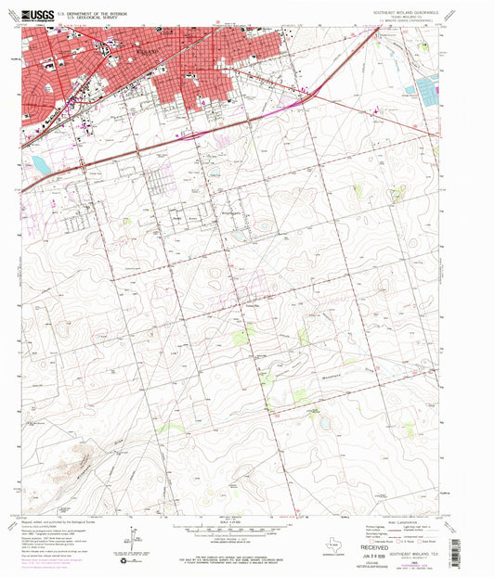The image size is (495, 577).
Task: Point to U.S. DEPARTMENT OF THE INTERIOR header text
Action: click(x=94, y=13)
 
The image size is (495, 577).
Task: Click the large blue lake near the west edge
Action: click(x=42, y=165)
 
